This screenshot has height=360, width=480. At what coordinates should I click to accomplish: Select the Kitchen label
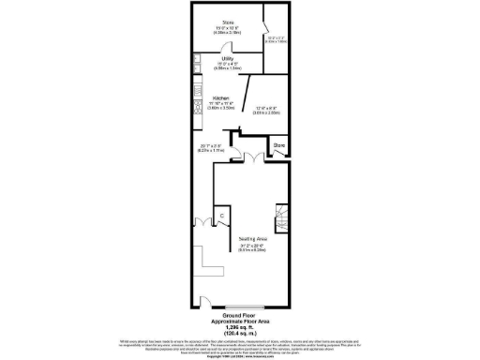220,97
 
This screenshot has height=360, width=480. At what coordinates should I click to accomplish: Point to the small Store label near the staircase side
278,146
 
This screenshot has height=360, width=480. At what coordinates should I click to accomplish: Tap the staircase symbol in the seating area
281,219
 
